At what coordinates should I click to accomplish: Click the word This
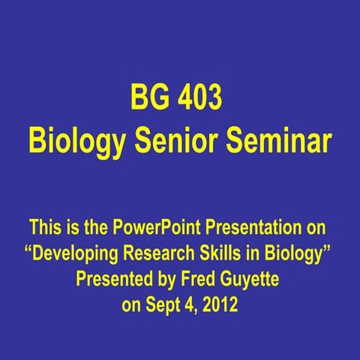click(43, 226)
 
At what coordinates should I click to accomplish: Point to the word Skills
click(224, 247)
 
